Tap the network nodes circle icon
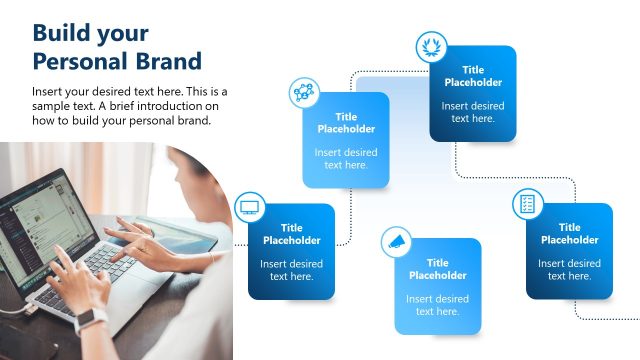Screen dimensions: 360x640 pos(304,93)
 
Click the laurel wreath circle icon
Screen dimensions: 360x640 pos(431,46)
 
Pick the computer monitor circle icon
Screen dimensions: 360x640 pos(249,208)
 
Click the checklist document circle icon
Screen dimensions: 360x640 pos(527,204)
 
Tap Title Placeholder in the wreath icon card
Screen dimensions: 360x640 pos(473,76)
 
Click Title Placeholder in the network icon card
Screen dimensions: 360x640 pos(346,123)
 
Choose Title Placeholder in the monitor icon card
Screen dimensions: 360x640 pos(292,234)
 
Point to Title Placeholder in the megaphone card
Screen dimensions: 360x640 pos(437,269)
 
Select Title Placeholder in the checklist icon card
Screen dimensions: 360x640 pos(569,234)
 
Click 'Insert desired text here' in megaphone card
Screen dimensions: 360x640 pos(437,305)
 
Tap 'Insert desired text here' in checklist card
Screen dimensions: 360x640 pos(569,270)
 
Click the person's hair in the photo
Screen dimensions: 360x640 pos(190,170)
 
